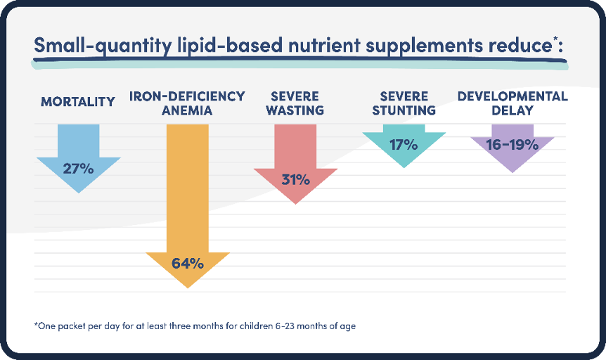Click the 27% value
click(x=78, y=169)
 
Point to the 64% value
click(x=188, y=264)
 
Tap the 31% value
click(x=296, y=180)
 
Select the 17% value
click(x=404, y=146)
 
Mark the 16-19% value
click(x=512, y=146)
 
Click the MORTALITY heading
click(x=78, y=102)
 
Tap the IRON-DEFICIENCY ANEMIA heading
click(x=188, y=103)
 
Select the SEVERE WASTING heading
click(x=296, y=103)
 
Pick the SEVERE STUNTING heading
click(x=404, y=103)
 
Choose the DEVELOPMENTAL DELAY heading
click(x=512, y=103)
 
